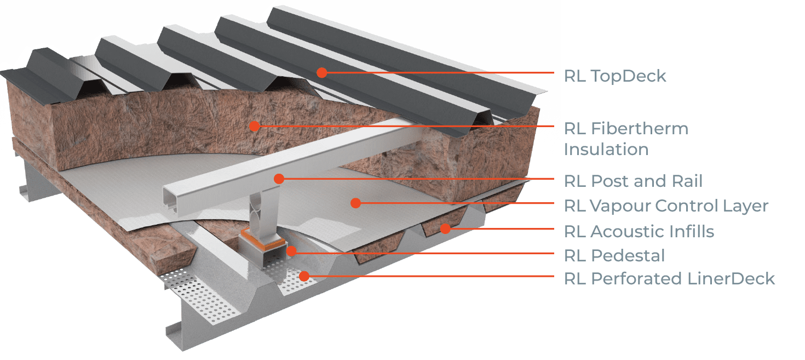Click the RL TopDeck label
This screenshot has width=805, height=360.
[x=615, y=76]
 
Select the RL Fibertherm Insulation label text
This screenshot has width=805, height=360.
[x=626, y=139]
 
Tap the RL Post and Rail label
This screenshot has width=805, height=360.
[x=634, y=181]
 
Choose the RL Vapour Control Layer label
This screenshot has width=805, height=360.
[x=666, y=206]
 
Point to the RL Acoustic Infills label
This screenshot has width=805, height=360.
[x=639, y=231]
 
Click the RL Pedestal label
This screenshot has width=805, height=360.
[x=614, y=255]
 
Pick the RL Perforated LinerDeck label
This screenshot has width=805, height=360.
[x=669, y=278]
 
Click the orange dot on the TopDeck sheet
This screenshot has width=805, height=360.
[x=321, y=72]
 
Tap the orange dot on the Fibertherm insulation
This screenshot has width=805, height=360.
[x=254, y=127]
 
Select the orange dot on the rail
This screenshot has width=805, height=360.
[x=279, y=178]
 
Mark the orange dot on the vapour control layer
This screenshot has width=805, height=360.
[x=355, y=203]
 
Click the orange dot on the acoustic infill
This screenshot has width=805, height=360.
[x=445, y=228]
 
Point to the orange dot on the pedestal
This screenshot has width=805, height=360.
[x=291, y=251]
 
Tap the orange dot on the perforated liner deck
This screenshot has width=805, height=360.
[x=304, y=276]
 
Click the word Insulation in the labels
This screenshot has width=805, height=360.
[x=606, y=149]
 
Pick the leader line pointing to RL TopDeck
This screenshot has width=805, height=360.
[x=438, y=73]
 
